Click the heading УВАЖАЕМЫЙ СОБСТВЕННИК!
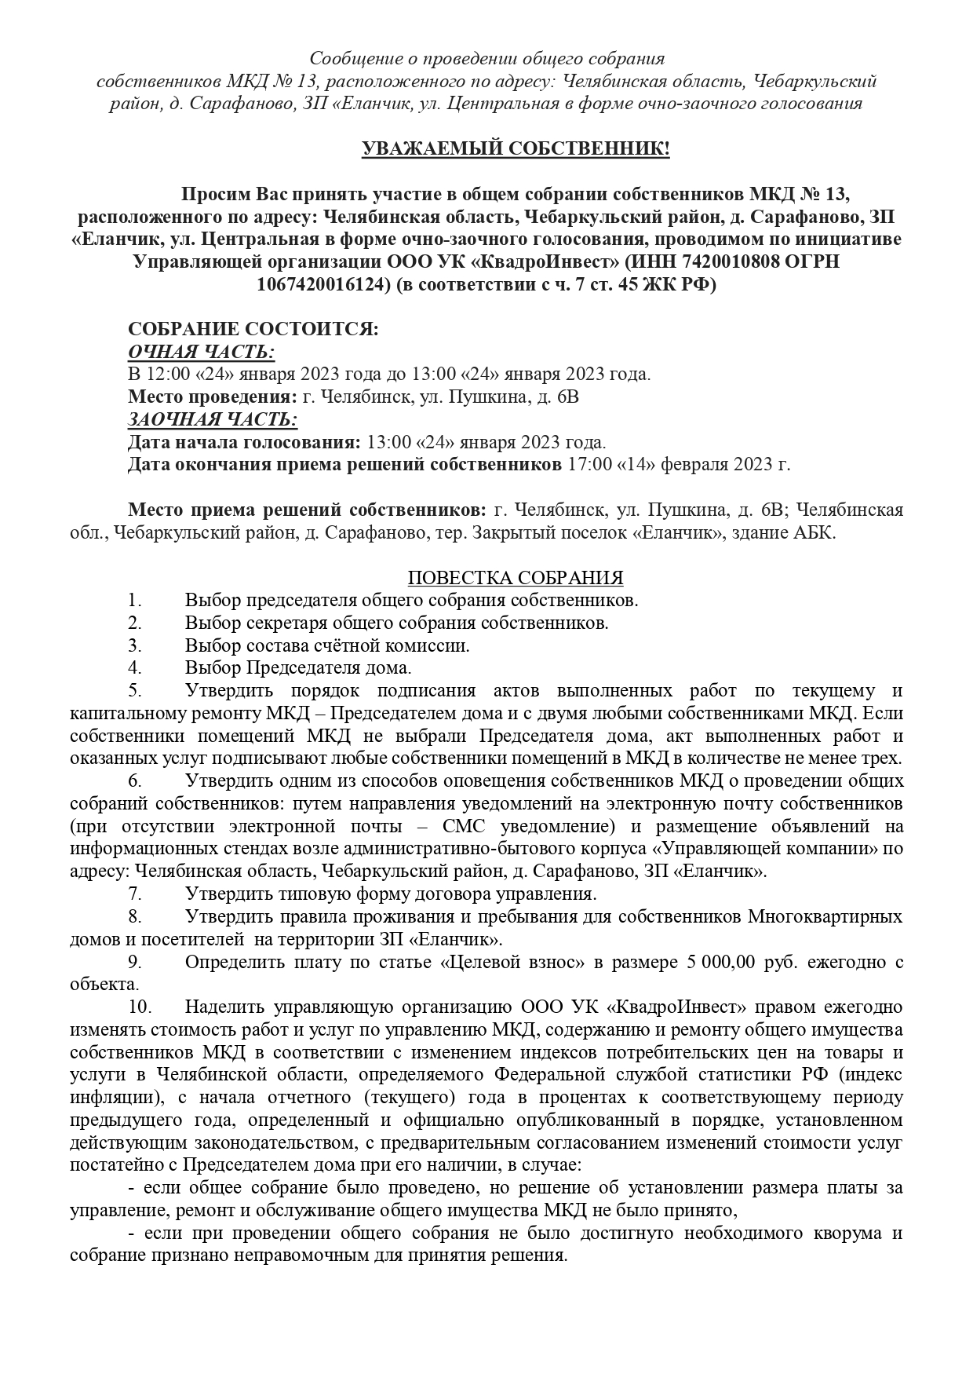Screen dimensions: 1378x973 pos(516,149)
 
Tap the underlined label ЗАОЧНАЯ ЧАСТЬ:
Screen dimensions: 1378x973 pos(213,419)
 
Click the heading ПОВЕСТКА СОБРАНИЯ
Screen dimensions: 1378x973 pos(516,579)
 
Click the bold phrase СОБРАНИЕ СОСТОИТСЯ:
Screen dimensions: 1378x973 pos(253,329)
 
